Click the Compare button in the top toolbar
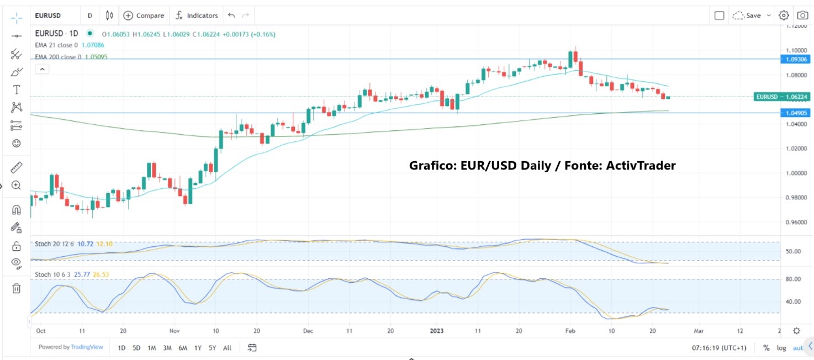pos(144,15)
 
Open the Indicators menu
pos(197,15)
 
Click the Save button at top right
pos(753,15)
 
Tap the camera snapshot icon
pos(802,15)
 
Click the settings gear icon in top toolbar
pos(784,15)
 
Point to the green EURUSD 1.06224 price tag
pos(783,97)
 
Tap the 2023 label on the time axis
pos(436,331)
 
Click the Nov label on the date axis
pos(175,331)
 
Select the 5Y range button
pos(213,348)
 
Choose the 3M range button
pos(167,348)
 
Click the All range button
pos(227,348)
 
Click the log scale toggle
pos(781,348)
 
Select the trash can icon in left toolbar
pos(17,288)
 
